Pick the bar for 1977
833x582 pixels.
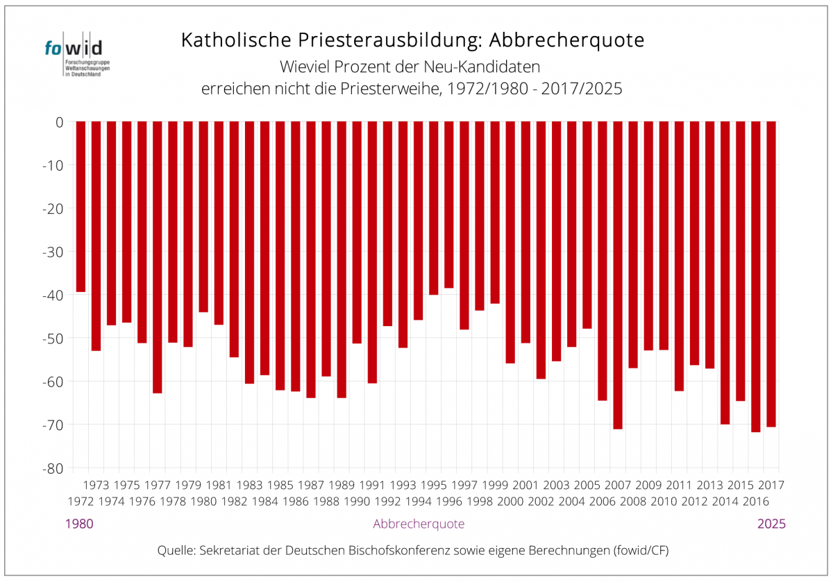coord(158,257)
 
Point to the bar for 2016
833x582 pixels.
coord(756,277)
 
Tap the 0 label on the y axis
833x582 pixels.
coord(59,122)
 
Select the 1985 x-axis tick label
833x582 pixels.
coord(280,485)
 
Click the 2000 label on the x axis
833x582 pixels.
coord(510,501)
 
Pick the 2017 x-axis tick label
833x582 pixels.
coord(771,485)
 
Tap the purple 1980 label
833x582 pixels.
coord(79,524)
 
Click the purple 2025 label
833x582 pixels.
coord(771,524)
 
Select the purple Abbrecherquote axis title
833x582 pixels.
coord(419,524)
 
